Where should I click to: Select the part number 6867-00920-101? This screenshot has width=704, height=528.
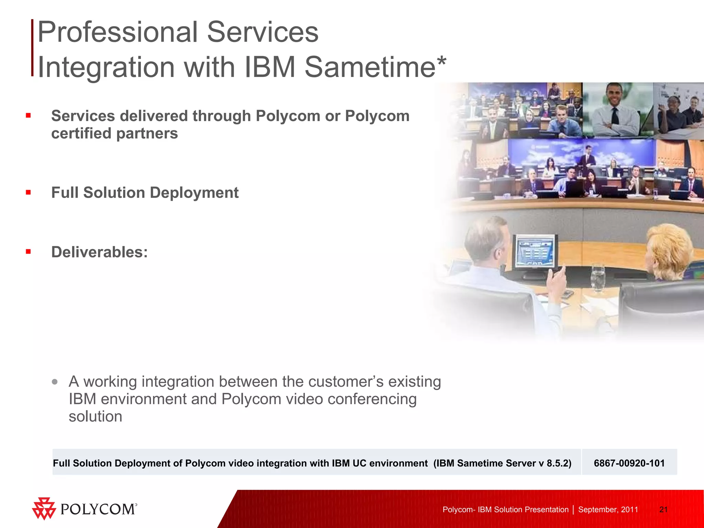(629, 463)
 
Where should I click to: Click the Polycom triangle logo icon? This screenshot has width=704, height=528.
(44, 508)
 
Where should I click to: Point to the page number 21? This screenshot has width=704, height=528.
(663, 509)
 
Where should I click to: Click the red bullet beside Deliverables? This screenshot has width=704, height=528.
(28, 252)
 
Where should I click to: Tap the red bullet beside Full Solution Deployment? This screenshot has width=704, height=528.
(28, 192)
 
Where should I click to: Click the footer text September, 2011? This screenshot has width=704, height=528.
(608, 509)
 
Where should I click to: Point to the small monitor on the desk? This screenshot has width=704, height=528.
(535, 251)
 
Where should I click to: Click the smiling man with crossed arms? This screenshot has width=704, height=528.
(615, 110)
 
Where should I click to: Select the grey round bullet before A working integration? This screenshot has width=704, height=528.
(55, 382)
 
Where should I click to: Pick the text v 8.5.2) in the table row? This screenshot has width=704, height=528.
(554, 463)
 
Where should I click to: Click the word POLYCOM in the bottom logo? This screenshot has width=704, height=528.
(98, 509)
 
